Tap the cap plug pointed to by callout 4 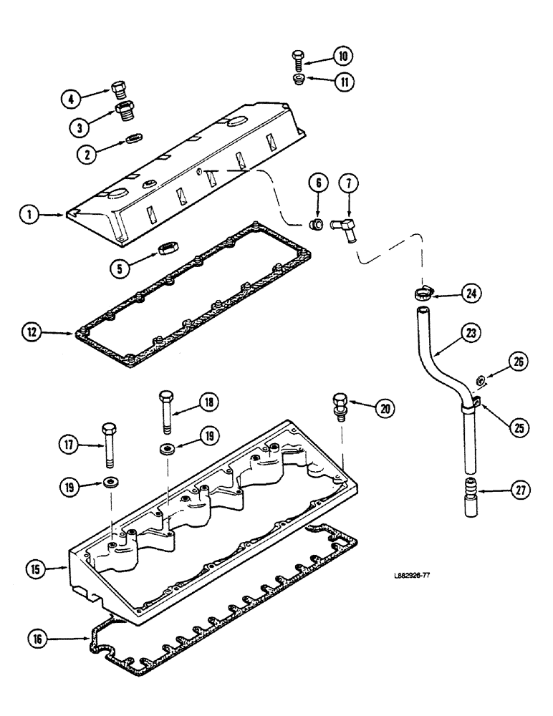click(x=120, y=89)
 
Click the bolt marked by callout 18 click(x=167, y=411)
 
